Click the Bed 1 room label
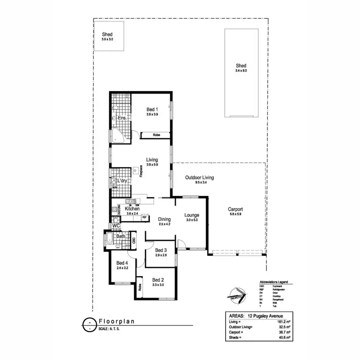(152, 110)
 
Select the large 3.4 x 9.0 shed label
(240, 66)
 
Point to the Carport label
(235, 209)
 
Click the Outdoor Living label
(199, 178)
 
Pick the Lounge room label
(192, 216)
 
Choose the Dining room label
(164, 219)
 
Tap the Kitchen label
(132, 209)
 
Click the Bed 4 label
(122, 263)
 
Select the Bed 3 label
(160, 250)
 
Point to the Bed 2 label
(158, 279)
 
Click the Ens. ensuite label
(122, 117)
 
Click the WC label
(115, 226)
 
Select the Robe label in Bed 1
(156, 135)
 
